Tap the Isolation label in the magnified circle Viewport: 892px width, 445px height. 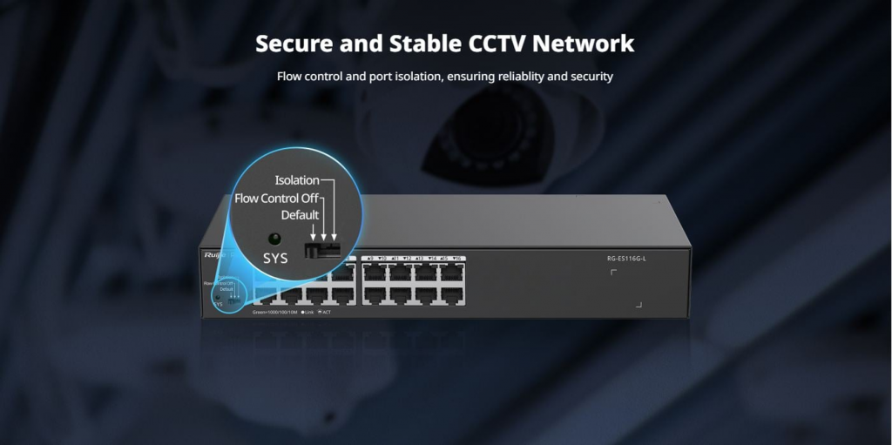coord(297,180)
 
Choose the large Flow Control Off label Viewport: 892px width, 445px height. coord(276,198)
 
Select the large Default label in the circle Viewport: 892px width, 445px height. coord(300,215)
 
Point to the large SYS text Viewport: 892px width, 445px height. coord(275,259)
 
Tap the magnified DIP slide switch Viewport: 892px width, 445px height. coord(321,249)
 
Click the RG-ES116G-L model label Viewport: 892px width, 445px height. coord(626,258)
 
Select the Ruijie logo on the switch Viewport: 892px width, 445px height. coord(214,254)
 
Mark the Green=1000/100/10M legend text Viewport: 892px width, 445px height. coord(274,311)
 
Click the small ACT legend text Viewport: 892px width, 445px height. coord(327,311)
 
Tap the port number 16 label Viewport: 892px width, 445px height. coord(459,258)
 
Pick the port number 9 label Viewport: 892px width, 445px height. coord(372,258)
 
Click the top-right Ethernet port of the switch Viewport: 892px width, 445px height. coord(454,273)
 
